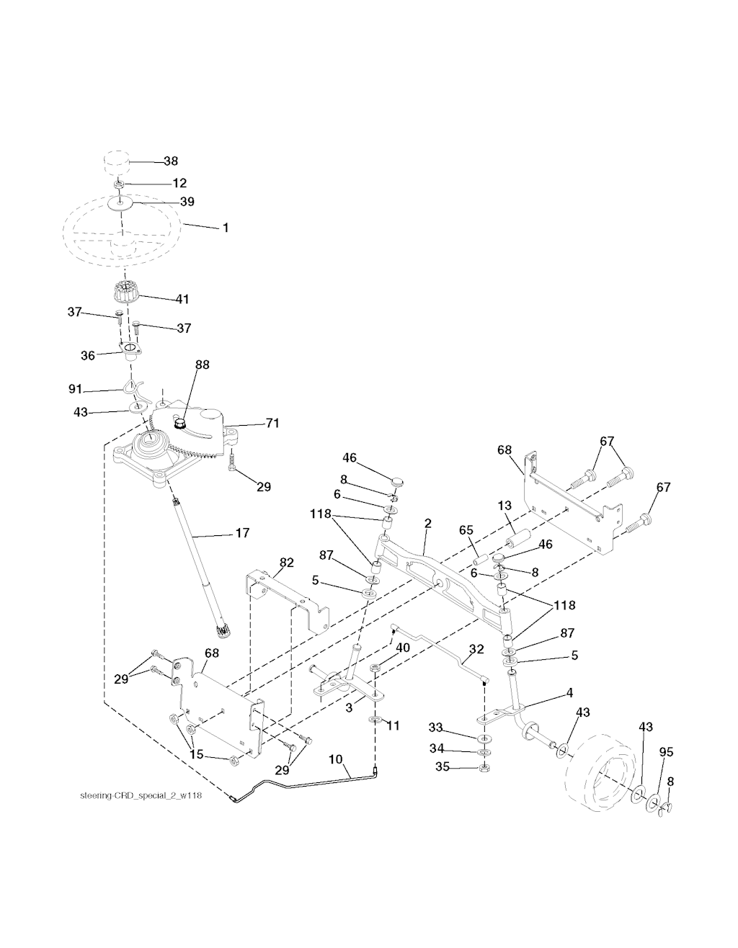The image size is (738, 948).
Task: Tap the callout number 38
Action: (171, 161)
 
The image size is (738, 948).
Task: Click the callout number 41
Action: (182, 298)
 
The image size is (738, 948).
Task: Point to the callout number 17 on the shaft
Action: (241, 533)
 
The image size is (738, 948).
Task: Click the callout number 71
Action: (272, 423)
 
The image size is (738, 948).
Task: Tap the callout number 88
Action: (202, 365)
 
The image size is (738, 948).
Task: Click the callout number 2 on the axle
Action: (427, 524)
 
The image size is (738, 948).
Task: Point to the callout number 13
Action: (504, 506)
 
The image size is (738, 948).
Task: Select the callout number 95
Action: (666, 752)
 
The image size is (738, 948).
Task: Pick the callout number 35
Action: (443, 768)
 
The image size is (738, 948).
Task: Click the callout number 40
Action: (402, 648)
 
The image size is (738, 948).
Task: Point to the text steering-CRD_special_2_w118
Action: (135, 797)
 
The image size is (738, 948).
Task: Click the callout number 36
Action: (88, 355)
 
